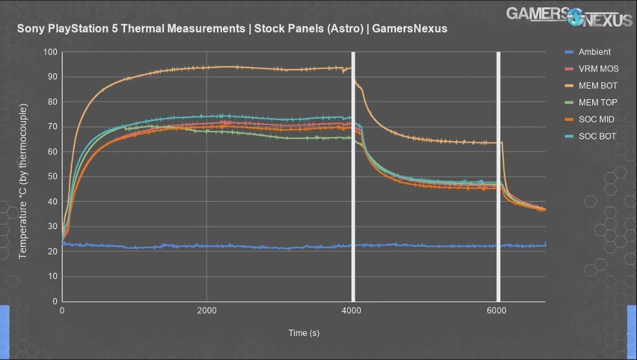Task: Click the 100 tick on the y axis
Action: [50, 52]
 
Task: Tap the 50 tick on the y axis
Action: [53, 177]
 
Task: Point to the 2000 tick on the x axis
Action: [207, 311]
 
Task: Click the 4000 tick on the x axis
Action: [352, 311]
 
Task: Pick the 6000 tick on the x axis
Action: [497, 311]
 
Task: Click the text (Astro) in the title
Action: [348, 29]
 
